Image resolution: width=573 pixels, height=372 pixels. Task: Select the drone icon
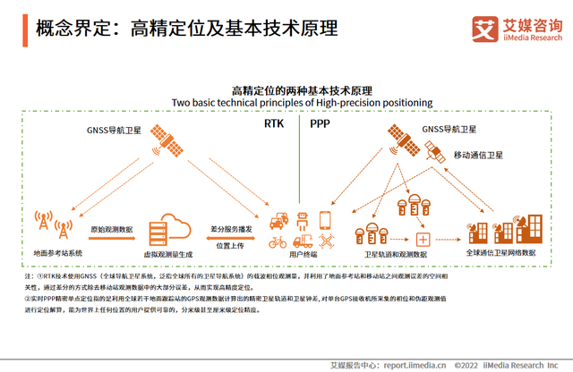pos(324,241)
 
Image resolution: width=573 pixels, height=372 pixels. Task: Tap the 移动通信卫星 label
pos(480,156)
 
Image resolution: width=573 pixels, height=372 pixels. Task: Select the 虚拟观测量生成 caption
pos(171,255)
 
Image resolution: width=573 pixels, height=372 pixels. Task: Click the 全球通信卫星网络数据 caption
pos(502,255)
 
